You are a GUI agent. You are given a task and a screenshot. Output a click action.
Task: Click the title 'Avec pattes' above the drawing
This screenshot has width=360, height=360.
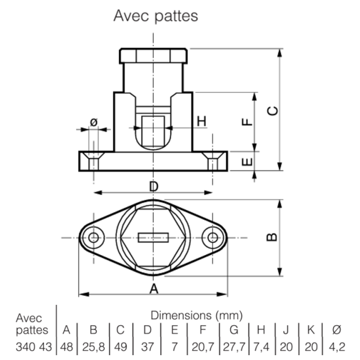tap(155, 16)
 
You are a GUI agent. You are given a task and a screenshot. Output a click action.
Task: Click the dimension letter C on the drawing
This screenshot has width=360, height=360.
tap(273, 111)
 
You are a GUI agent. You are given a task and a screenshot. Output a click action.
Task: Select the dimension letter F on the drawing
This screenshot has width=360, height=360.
tap(247, 122)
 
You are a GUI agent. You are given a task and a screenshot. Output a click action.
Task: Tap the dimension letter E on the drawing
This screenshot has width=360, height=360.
tap(247, 162)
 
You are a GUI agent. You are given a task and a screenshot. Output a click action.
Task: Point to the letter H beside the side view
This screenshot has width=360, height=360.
tap(202, 121)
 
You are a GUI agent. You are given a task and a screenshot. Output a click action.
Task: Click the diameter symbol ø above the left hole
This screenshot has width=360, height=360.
tap(94, 122)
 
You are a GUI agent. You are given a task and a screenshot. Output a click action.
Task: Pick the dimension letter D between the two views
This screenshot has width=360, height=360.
tap(154, 187)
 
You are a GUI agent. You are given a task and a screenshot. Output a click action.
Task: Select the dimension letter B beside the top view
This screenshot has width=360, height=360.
tap(272, 237)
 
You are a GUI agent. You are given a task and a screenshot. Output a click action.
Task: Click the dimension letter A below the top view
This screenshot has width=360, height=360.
tap(154, 289)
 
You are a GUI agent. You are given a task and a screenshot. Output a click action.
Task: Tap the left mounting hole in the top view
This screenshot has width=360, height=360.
tap(94, 238)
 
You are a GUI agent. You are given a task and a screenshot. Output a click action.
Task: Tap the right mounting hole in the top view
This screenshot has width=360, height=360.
tap(212, 238)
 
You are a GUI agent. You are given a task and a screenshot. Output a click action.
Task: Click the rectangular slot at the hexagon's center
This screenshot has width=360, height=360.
tap(154, 238)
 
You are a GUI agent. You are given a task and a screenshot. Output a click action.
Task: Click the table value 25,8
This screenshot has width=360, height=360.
tap(94, 347)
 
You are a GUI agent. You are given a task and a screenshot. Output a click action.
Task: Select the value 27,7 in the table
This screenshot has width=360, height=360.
tap(234, 347)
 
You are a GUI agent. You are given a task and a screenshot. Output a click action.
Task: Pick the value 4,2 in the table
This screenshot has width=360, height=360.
tap(337, 347)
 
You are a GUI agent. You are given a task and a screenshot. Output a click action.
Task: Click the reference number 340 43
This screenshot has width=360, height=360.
tap(34, 347)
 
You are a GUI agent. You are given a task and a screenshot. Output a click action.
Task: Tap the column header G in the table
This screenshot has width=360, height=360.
tap(234, 330)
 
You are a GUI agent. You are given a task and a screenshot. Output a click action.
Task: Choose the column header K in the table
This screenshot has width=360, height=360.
tap(311, 330)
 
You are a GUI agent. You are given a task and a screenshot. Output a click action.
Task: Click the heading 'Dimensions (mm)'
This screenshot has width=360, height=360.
tap(197, 316)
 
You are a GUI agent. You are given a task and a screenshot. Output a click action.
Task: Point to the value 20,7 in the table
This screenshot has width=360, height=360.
tap(203, 347)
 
